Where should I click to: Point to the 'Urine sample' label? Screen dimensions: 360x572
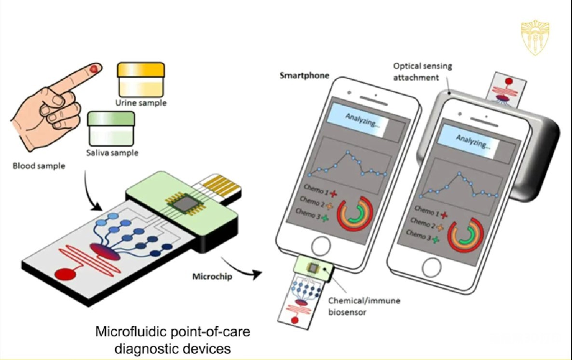pos(141,103)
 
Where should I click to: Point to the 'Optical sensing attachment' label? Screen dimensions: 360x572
pos(422,71)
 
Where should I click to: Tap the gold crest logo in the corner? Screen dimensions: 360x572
pos(535,38)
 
